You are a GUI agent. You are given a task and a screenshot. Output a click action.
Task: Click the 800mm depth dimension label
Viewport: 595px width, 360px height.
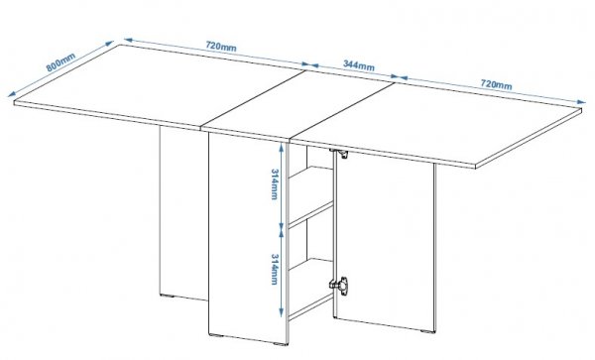(x=60, y=62)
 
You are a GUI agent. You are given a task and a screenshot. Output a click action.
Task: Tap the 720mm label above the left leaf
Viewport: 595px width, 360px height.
(x=221, y=47)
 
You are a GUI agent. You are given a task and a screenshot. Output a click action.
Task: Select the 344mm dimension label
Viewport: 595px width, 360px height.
(x=359, y=65)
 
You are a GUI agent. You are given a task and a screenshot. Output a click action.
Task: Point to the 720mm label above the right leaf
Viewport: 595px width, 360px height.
(x=497, y=84)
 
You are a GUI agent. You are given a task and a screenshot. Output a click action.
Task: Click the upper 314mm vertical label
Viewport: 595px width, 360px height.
(x=275, y=183)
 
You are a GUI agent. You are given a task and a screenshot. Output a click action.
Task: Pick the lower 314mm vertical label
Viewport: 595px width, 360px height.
(x=275, y=269)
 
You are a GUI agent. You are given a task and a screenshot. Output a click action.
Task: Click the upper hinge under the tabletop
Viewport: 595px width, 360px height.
(x=341, y=154)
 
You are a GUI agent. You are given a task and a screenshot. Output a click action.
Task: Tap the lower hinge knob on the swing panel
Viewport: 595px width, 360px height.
(x=340, y=285)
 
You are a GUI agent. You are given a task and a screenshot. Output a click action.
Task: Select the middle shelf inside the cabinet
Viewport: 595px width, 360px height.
(x=311, y=215)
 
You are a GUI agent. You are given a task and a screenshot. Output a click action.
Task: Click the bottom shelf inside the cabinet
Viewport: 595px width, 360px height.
(x=311, y=305)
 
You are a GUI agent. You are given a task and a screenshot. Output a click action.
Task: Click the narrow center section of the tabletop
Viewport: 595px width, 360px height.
(x=298, y=106)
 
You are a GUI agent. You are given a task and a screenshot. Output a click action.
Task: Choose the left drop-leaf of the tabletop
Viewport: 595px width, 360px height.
(x=160, y=86)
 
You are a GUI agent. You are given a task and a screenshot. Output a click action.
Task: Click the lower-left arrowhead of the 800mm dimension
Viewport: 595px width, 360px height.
(x=12, y=94)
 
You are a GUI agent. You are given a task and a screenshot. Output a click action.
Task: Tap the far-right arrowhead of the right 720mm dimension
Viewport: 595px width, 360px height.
(x=581, y=102)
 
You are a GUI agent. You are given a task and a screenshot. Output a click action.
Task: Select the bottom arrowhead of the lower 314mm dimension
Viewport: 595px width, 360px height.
(x=281, y=312)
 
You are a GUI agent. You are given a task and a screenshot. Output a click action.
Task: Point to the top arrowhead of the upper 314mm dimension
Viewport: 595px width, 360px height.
(x=281, y=147)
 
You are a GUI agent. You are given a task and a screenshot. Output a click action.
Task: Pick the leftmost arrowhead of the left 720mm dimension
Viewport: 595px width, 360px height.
(x=129, y=40)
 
